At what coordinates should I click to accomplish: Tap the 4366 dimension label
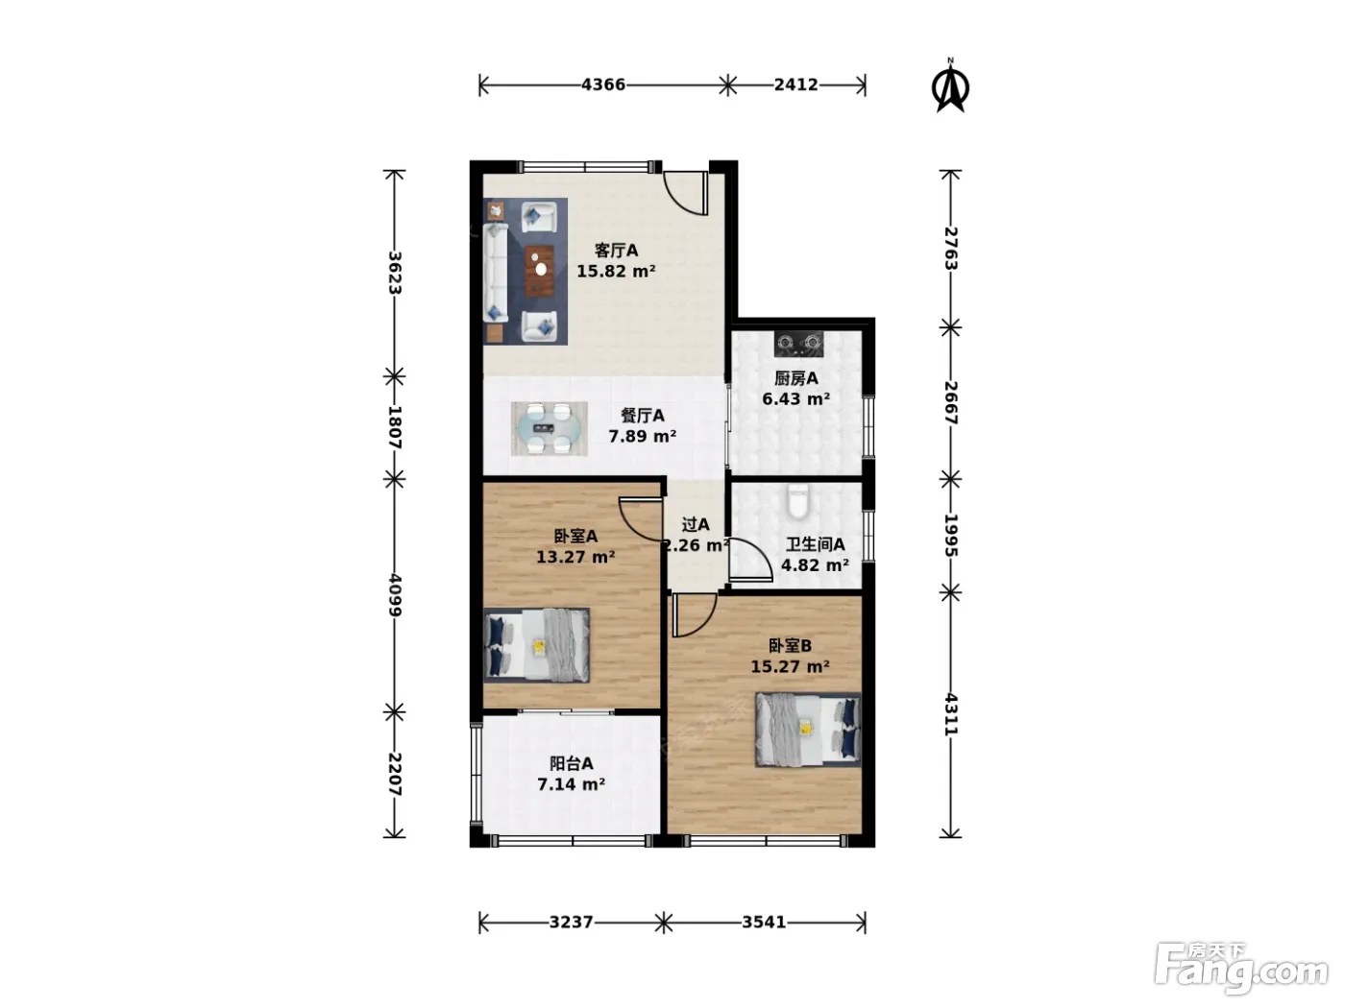(x=603, y=84)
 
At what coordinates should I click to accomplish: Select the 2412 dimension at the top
(x=796, y=84)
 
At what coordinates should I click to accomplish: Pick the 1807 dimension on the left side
(x=395, y=427)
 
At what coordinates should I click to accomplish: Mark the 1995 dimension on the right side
(x=950, y=535)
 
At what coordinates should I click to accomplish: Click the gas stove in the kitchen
(x=798, y=344)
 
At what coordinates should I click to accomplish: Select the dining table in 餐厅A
(x=549, y=428)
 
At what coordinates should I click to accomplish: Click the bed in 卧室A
(x=537, y=645)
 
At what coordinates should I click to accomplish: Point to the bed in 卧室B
(x=808, y=730)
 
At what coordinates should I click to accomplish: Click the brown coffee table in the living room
(x=540, y=271)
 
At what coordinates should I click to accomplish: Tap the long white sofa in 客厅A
(x=496, y=273)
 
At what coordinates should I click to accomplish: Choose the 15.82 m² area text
(x=616, y=271)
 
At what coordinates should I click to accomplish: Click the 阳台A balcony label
(x=571, y=763)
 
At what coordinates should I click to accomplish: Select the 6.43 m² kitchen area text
(x=796, y=399)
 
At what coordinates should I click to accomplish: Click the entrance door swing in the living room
(x=686, y=193)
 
